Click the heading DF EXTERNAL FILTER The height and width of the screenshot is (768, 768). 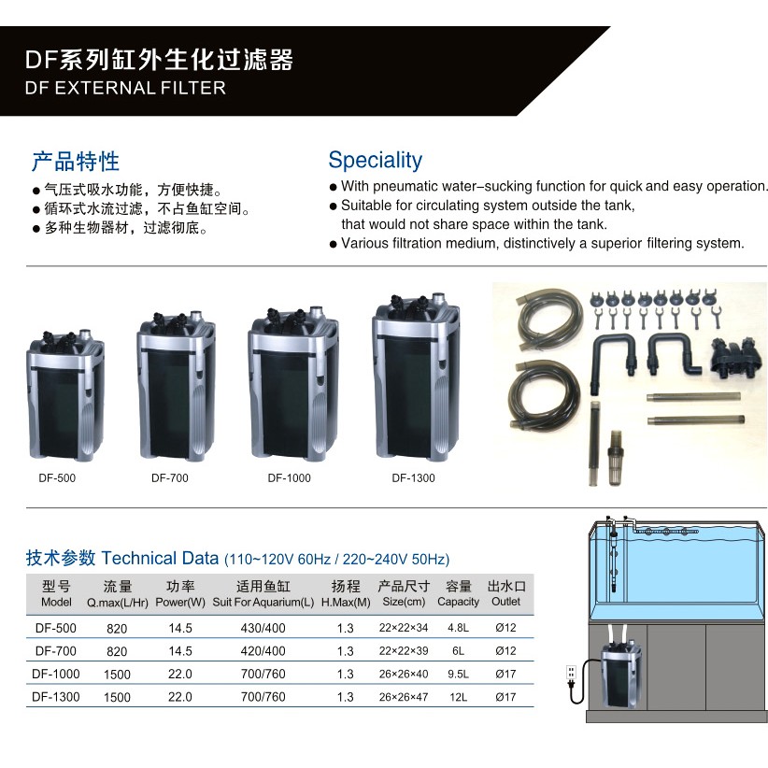point(125,89)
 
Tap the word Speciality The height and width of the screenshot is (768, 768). point(375,160)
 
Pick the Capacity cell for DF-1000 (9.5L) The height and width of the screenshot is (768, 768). point(458,674)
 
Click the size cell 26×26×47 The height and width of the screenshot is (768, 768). point(404,697)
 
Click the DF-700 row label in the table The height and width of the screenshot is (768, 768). point(55,651)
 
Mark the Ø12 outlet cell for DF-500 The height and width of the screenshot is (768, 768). point(506,629)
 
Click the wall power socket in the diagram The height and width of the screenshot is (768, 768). point(572,675)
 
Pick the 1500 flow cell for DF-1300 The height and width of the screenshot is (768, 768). point(117,697)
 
